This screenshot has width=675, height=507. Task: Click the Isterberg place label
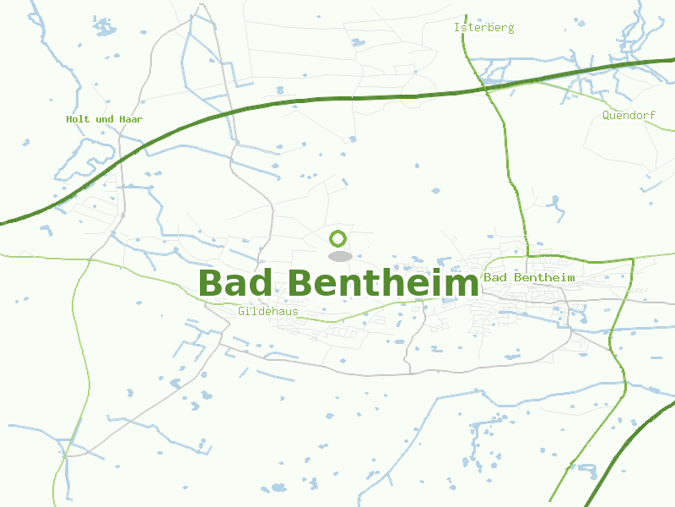point(483,28)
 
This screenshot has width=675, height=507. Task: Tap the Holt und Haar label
point(104,119)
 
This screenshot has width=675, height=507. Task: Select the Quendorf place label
point(629,115)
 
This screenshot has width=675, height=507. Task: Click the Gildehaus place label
point(268,312)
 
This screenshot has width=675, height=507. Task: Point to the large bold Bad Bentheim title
point(338,284)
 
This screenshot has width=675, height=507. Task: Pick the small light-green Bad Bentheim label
point(529,277)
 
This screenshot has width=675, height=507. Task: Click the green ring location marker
point(338,238)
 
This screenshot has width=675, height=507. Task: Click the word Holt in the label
point(78,119)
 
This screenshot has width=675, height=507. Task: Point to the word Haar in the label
point(131,119)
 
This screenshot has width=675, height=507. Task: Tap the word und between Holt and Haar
point(105,119)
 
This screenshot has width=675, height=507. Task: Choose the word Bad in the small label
point(494,277)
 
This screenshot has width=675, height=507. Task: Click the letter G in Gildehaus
point(242,312)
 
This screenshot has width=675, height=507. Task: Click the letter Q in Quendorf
point(607,115)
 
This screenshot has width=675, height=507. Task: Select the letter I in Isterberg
point(456,28)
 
